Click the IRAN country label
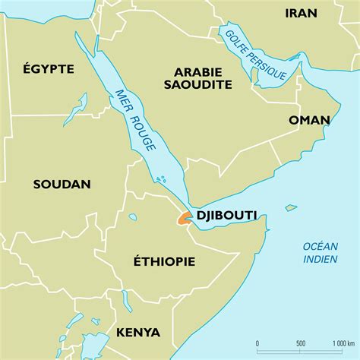coord(302,13)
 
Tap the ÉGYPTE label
coord(48,69)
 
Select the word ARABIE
coord(197,71)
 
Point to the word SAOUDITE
coord(197,84)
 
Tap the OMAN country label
coord(309,120)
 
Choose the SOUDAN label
coord(62,184)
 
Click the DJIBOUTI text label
coord(226,216)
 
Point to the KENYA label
coord(137,332)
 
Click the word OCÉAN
coord(319,245)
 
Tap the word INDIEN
coord(319,257)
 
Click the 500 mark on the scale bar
coord(299,343)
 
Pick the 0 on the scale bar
coord(257,343)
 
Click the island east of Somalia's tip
coord(291,207)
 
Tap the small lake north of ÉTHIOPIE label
coord(133,217)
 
